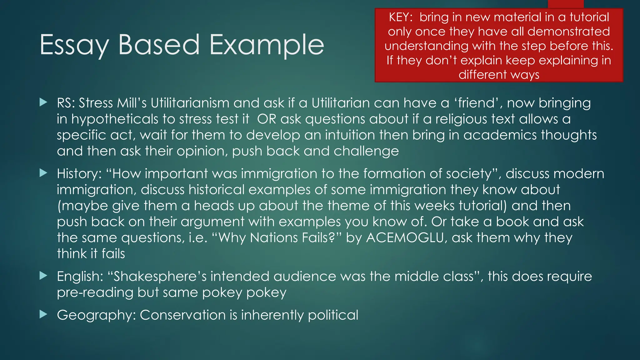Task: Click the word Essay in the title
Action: click(x=74, y=45)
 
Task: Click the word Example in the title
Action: click(x=267, y=45)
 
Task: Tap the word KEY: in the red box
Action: click(x=401, y=17)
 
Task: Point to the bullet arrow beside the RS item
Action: click(x=43, y=102)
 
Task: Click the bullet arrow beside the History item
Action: click(x=43, y=173)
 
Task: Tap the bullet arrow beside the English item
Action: click(x=43, y=276)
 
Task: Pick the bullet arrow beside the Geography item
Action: click(x=43, y=314)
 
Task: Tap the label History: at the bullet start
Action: click(x=79, y=173)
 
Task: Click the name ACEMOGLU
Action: click(x=405, y=237)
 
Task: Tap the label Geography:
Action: click(x=96, y=315)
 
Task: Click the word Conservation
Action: click(x=182, y=315)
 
